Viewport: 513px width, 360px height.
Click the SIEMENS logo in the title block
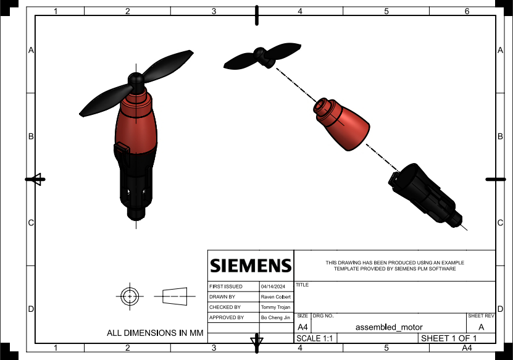coord(250,266)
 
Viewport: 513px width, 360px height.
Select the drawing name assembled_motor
coord(389,327)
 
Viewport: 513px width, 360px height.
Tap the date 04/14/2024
coord(271,287)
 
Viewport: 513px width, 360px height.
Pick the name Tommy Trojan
coord(275,307)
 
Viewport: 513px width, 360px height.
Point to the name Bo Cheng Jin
coord(275,317)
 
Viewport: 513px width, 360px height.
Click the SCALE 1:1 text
coord(313,339)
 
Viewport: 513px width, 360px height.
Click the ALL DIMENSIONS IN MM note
coord(155,333)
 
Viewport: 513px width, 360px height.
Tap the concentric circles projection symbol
coord(129,296)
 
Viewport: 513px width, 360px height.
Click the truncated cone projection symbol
coord(175,296)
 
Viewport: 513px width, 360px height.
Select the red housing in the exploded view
coord(346,125)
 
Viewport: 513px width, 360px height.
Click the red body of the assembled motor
coord(136,127)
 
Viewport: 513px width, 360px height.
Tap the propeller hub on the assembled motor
coord(136,80)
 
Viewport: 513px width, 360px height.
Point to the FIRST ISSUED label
coord(226,287)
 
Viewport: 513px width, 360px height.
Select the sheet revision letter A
coord(482,327)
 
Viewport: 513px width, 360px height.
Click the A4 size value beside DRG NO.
coord(302,327)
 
